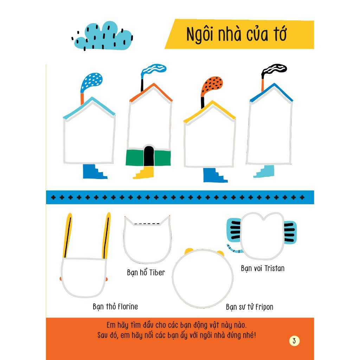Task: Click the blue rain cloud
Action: coord(103,36)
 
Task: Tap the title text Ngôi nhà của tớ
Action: coord(236,34)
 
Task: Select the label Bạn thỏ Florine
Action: coord(115,307)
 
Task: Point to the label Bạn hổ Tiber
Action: coord(146,272)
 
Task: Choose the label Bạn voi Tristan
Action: coord(263,268)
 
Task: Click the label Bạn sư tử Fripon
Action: coord(249,307)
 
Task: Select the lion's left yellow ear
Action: coord(189,250)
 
